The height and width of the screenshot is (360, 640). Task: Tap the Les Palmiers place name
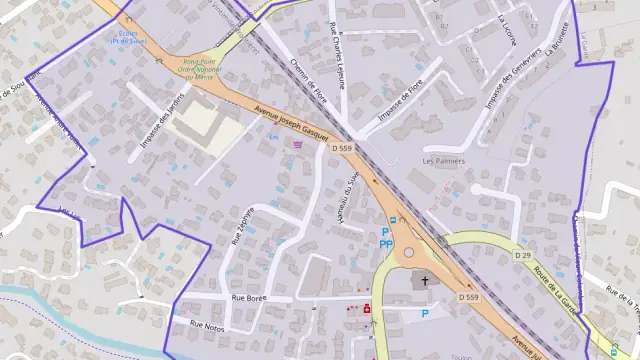[444, 160]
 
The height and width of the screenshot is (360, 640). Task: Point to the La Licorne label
[509, 32]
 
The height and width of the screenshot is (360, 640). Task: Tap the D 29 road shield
[523, 256]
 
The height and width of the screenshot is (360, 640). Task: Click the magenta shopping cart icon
[297, 144]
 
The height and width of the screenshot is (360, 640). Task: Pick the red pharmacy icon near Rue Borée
[367, 309]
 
